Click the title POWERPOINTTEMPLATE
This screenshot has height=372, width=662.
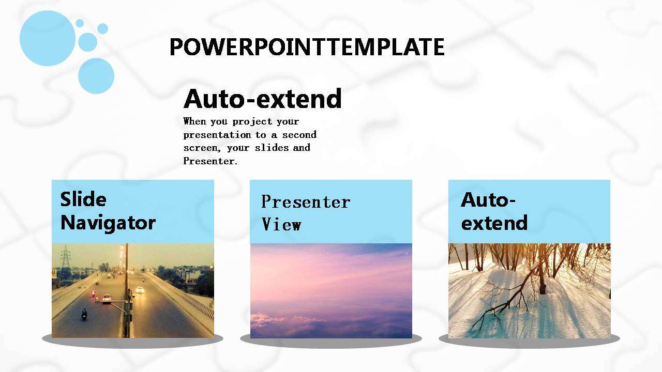307,47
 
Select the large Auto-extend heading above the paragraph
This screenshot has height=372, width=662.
262,98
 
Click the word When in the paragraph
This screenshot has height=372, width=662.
194,121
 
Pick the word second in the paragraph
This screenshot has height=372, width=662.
299,135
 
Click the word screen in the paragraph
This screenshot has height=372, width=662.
202,148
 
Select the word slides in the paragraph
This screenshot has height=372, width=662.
272,147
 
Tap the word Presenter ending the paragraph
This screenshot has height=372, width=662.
210,161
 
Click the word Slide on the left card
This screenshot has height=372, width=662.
83,199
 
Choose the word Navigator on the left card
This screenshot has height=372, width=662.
108,223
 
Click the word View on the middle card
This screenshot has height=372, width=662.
281,224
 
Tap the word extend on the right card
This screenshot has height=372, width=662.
494,223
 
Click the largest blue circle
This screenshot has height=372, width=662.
47,38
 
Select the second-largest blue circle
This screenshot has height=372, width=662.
96,76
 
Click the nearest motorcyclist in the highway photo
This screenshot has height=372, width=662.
84,314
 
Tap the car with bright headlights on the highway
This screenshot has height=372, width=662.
140,290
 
